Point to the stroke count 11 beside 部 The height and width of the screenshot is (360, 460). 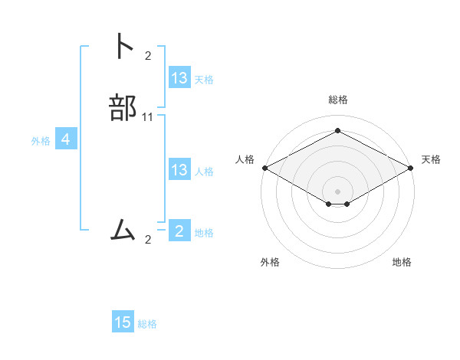148,117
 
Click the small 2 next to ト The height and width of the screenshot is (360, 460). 148,55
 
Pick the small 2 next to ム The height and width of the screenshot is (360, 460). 148,240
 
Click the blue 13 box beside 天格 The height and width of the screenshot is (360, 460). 179,78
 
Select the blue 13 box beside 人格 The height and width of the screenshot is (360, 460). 179,170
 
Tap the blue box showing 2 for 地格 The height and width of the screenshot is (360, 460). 179,231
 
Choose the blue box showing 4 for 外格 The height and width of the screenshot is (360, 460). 66,139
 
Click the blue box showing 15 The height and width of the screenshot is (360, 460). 123,322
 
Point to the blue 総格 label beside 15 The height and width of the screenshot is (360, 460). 147,324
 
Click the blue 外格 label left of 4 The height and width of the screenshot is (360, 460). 41,141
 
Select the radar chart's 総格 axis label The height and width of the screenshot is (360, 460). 338,100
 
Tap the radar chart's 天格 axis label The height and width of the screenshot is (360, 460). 431,159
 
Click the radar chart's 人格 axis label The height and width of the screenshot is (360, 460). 245,159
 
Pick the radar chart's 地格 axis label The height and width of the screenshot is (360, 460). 402,262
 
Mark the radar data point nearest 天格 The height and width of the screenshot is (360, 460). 412,168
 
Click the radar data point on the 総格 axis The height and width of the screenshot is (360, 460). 337,131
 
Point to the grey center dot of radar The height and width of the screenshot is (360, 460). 337,191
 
